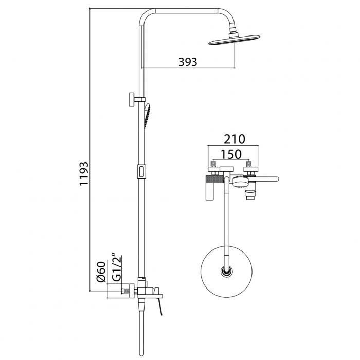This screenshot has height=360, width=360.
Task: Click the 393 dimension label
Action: (188, 62)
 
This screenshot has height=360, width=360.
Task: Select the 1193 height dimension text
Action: (84, 177)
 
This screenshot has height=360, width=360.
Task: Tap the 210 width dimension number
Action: (234, 139)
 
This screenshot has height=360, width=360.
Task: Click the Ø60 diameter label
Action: (101, 271)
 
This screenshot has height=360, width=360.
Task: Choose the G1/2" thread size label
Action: (116, 266)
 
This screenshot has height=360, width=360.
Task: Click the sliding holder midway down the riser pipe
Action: (141, 171)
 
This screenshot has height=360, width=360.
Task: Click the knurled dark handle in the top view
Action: (212, 179)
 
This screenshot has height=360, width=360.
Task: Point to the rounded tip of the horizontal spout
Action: (276, 179)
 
